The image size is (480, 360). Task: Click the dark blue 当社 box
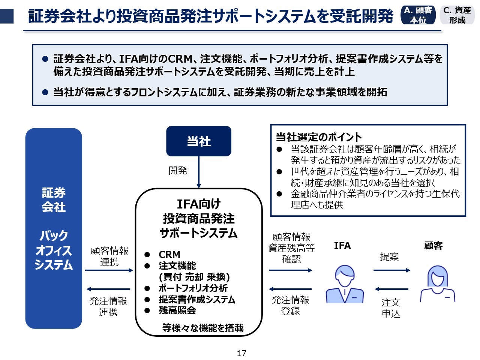pyautogui.click(x=199, y=141)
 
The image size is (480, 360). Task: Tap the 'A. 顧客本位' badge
pyautogui.click(x=418, y=15)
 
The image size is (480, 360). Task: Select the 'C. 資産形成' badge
pyautogui.click(x=457, y=15)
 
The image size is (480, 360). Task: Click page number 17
pyautogui.click(x=241, y=353)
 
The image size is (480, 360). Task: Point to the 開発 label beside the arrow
pyautogui.click(x=178, y=171)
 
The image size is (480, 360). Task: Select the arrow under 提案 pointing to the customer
pyautogui.click(x=391, y=270)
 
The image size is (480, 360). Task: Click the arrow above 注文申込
pyautogui.click(x=391, y=289)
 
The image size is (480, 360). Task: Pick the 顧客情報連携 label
pyautogui.click(x=109, y=256)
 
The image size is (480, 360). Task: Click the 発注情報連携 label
pyautogui.click(x=108, y=306)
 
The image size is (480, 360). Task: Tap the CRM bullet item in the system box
pyautogui.click(x=169, y=254)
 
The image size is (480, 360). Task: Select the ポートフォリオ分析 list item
pyautogui.click(x=193, y=288)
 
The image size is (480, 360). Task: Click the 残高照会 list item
pyautogui.click(x=177, y=310)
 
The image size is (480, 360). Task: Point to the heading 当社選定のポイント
pyautogui.click(x=319, y=137)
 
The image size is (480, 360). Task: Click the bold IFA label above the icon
pyautogui.click(x=342, y=246)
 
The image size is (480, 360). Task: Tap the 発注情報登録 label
pyautogui.click(x=291, y=305)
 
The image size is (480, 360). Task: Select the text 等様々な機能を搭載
pyautogui.click(x=203, y=328)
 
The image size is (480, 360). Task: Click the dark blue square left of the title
pyautogui.click(x=7, y=16)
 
